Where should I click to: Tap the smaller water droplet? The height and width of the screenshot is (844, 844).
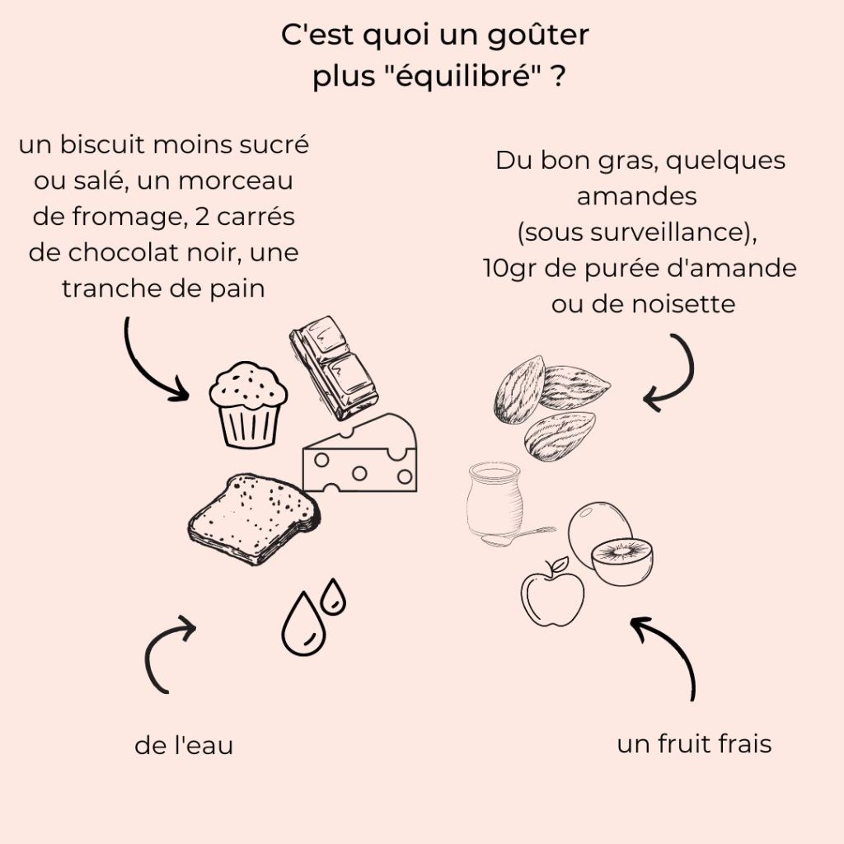(x=333, y=596)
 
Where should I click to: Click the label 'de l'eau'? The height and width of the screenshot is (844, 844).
(x=184, y=746)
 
